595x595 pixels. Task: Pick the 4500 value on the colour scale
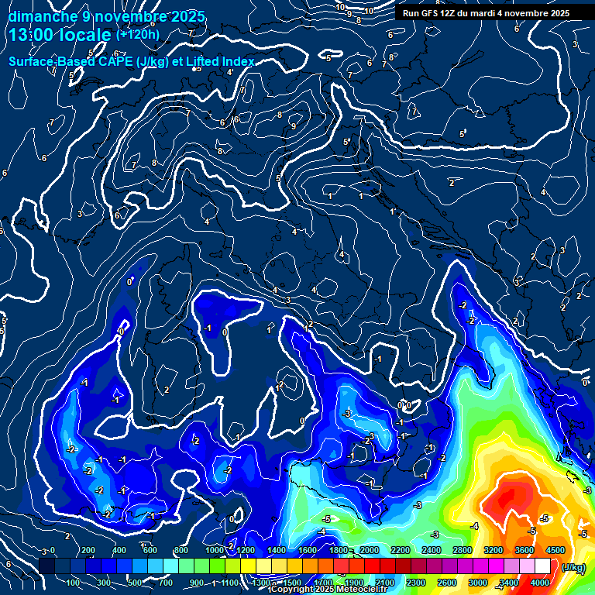coord(555,550)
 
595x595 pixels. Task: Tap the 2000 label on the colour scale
coord(370,550)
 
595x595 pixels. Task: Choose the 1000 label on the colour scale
coord(214,550)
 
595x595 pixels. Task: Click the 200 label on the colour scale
coord(88,550)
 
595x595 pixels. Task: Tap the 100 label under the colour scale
coord(74,583)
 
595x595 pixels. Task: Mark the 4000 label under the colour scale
coord(539,583)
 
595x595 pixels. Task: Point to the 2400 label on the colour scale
coord(432,550)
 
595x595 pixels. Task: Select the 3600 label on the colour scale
coord(524,550)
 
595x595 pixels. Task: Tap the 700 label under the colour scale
coord(166,583)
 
